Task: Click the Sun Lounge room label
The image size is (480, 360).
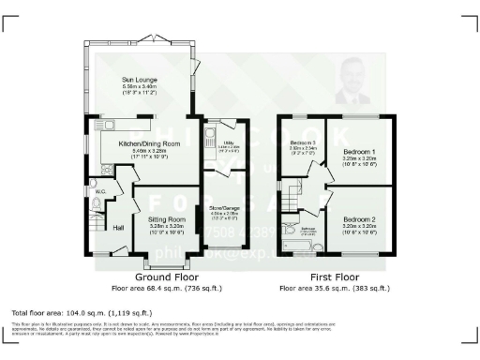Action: (x=140, y=82)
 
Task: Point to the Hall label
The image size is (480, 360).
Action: (x=119, y=227)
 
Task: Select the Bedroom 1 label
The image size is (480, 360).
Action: (x=358, y=152)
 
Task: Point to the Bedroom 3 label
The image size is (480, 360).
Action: (x=302, y=142)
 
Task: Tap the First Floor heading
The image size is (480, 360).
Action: (x=335, y=277)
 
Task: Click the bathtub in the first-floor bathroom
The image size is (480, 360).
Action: (x=300, y=247)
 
